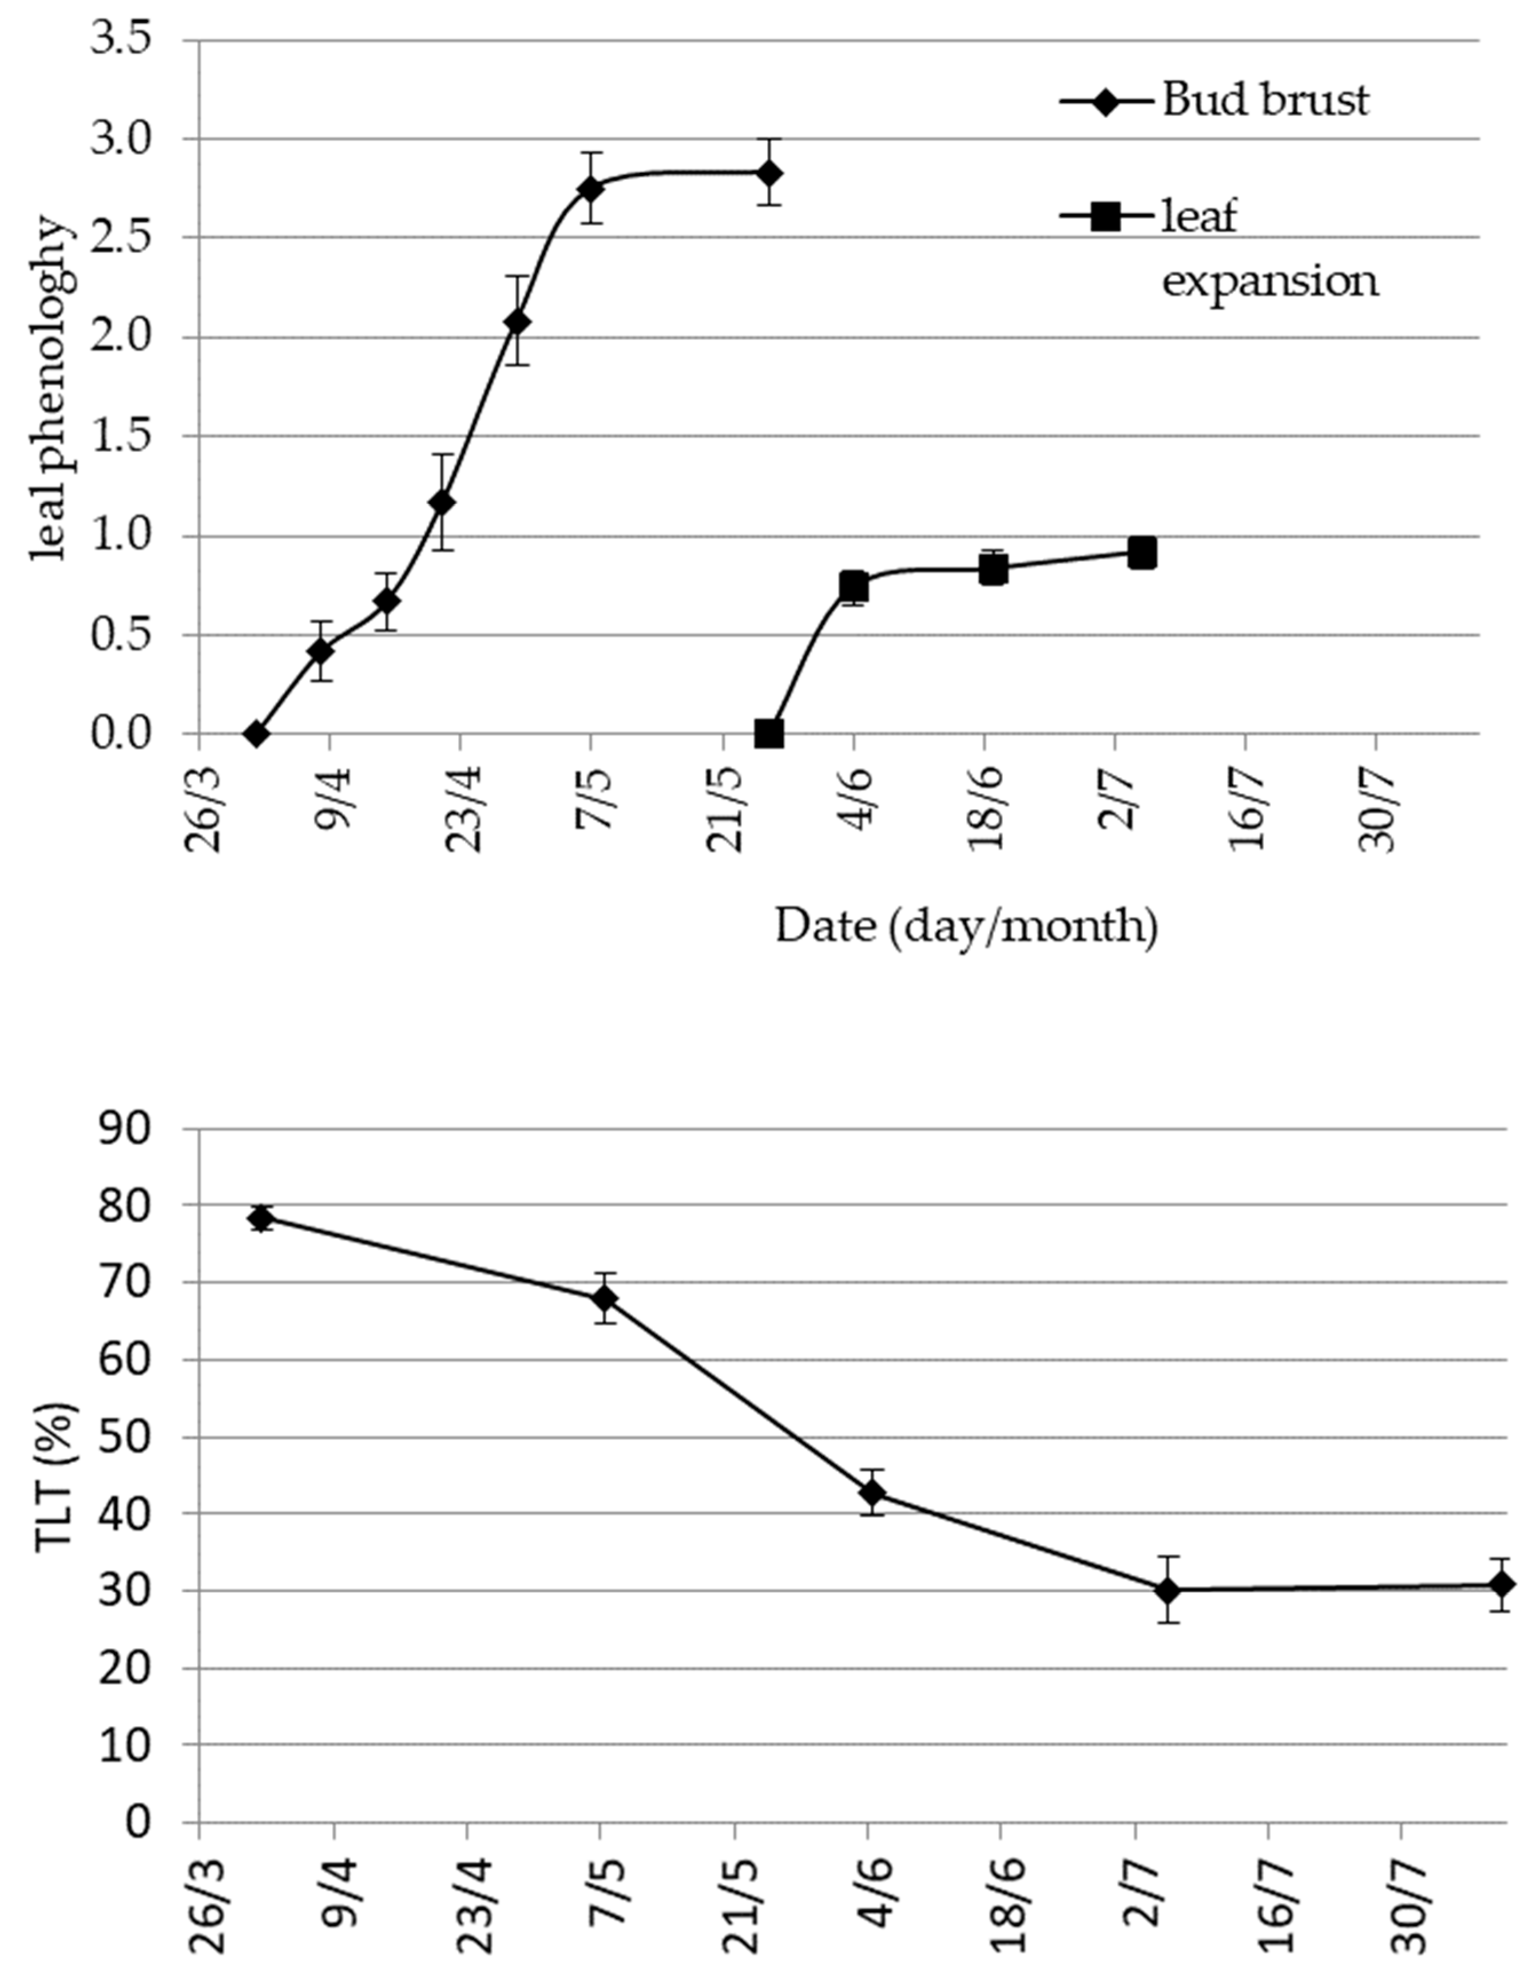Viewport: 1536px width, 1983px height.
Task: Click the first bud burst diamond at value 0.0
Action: tap(256, 734)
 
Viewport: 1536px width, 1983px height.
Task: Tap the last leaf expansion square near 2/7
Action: tap(1142, 552)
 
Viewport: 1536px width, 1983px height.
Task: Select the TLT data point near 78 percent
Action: tap(261, 1218)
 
